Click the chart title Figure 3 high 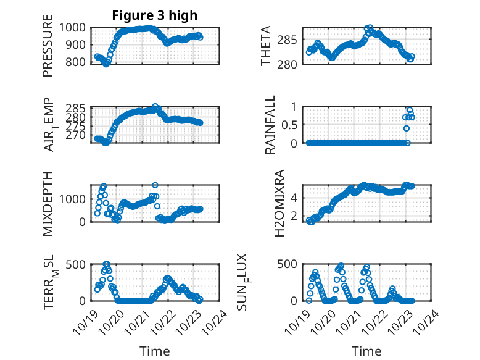coord(154,15)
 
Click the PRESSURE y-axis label coord(48,50)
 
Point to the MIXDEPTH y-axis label coord(48,203)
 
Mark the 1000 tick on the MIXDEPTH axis coord(76,199)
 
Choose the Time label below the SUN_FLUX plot coord(366,351)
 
